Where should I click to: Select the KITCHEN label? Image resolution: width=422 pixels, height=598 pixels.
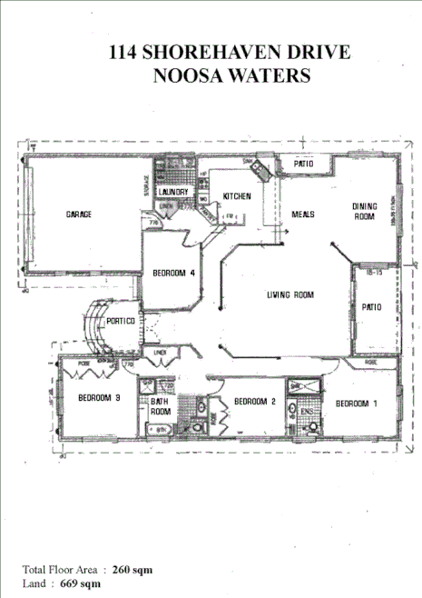(237, 196)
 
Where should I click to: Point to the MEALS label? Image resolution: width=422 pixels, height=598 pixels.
(302, 214)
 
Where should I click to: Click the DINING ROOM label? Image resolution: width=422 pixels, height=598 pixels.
(364, 212)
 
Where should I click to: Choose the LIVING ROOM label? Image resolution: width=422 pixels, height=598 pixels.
(290, 294)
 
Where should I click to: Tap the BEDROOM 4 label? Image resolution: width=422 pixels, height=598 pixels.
(174, 274)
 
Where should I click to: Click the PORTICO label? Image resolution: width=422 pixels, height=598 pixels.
(121, 322)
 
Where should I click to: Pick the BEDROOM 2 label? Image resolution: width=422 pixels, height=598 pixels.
(255, 401)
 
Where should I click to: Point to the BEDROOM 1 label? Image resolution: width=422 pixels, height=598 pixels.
(358, 403)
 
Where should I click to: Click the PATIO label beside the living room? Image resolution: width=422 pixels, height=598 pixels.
(373, 307)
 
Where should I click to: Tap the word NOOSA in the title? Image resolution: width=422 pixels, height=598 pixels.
(190, 76)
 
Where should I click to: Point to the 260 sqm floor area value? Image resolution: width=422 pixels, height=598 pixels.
(133, 569)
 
